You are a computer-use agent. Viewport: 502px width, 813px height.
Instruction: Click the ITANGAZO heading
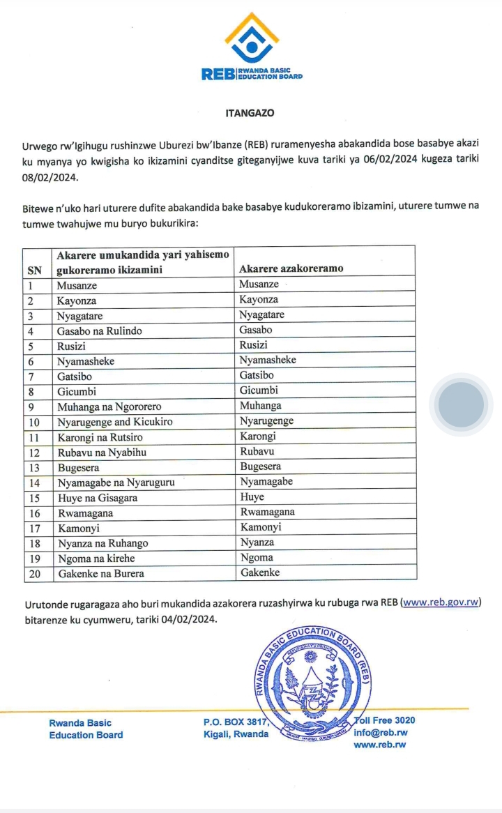[x=250, y=112]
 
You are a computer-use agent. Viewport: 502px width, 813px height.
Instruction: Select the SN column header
[x=33, y=269]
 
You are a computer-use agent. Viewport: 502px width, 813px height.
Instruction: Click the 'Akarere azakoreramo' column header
[x=291, y=269]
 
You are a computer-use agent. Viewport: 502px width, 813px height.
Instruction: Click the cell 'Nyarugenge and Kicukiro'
[x=115, y=422]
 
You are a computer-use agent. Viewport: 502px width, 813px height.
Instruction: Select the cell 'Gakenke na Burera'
[x=101, y=574]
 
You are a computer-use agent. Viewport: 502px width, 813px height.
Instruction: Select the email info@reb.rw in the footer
[x=381, y=733]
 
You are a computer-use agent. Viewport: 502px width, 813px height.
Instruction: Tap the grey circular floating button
[x=461, y=404]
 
